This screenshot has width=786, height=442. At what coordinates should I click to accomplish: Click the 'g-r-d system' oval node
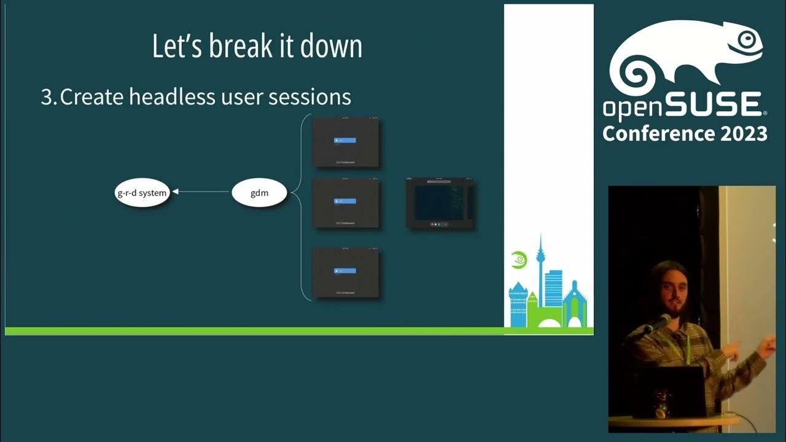pyautogui.click(x=142, y=193)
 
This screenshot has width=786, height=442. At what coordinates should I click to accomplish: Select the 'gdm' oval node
pyautogui.click(x=259, y=193)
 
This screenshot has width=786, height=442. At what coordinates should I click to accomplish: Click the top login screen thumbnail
pyautogui.click(x=346, y=142)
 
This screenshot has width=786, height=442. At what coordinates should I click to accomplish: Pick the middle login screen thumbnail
pyautogui.click(x=346, y=203)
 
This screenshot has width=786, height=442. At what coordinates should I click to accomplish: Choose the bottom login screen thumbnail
pyautogui.click(x=346, y=273)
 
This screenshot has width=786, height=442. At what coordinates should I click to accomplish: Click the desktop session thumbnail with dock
pyautogui.click(x=440, y=203)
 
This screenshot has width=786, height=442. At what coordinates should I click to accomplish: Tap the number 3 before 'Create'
pyautogui.click(x=47, y=97)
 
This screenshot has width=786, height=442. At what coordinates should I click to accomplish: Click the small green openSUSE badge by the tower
pyautogui.click(x=519, y=260)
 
